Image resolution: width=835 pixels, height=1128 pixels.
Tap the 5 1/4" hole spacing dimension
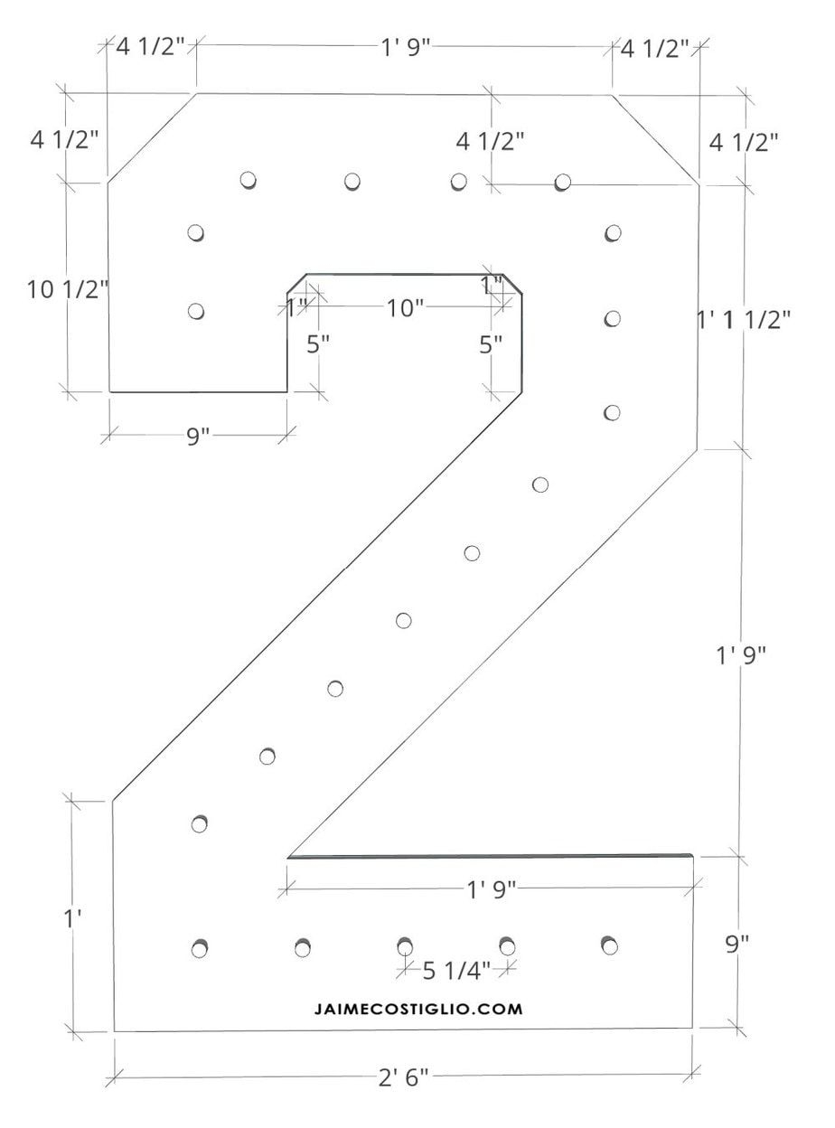coord(456,970)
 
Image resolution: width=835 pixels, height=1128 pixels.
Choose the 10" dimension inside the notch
coord(405,308)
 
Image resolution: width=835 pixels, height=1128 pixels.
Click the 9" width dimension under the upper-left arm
coord(198,436)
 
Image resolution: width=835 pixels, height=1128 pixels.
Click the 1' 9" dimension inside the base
coord(491,889)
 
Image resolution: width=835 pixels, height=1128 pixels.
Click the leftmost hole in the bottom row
coord(201,948)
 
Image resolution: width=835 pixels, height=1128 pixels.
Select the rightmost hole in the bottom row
coord(609,945)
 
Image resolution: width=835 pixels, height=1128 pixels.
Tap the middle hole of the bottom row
coord(405,946)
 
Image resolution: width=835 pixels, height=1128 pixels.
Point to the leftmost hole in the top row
coord(249,179)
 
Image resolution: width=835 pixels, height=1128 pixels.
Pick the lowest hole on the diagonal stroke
coord(202,823)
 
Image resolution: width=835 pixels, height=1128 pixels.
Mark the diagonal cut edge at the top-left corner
coord(152,137)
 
